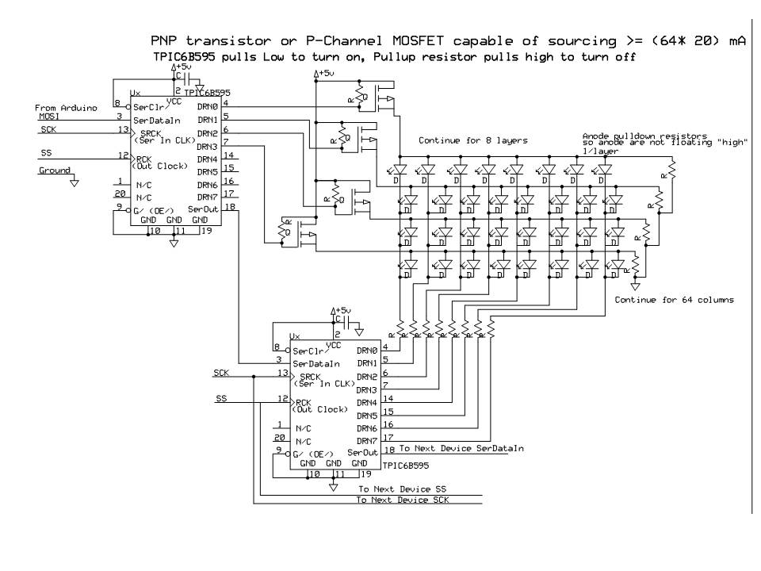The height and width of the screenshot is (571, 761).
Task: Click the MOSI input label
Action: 49,116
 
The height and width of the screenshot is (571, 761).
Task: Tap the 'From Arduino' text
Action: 65,106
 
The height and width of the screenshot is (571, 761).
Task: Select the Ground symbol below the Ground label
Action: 74,182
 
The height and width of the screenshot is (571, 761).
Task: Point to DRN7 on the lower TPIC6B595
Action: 367,440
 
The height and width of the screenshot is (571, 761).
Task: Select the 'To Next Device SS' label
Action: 403,489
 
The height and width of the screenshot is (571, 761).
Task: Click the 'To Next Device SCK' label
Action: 407,500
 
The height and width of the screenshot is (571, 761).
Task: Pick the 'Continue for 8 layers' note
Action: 473,141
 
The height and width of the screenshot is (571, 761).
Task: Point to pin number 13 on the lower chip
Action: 280,372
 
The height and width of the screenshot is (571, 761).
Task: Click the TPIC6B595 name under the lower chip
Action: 406,467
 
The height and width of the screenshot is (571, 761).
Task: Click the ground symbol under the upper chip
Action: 174,243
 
